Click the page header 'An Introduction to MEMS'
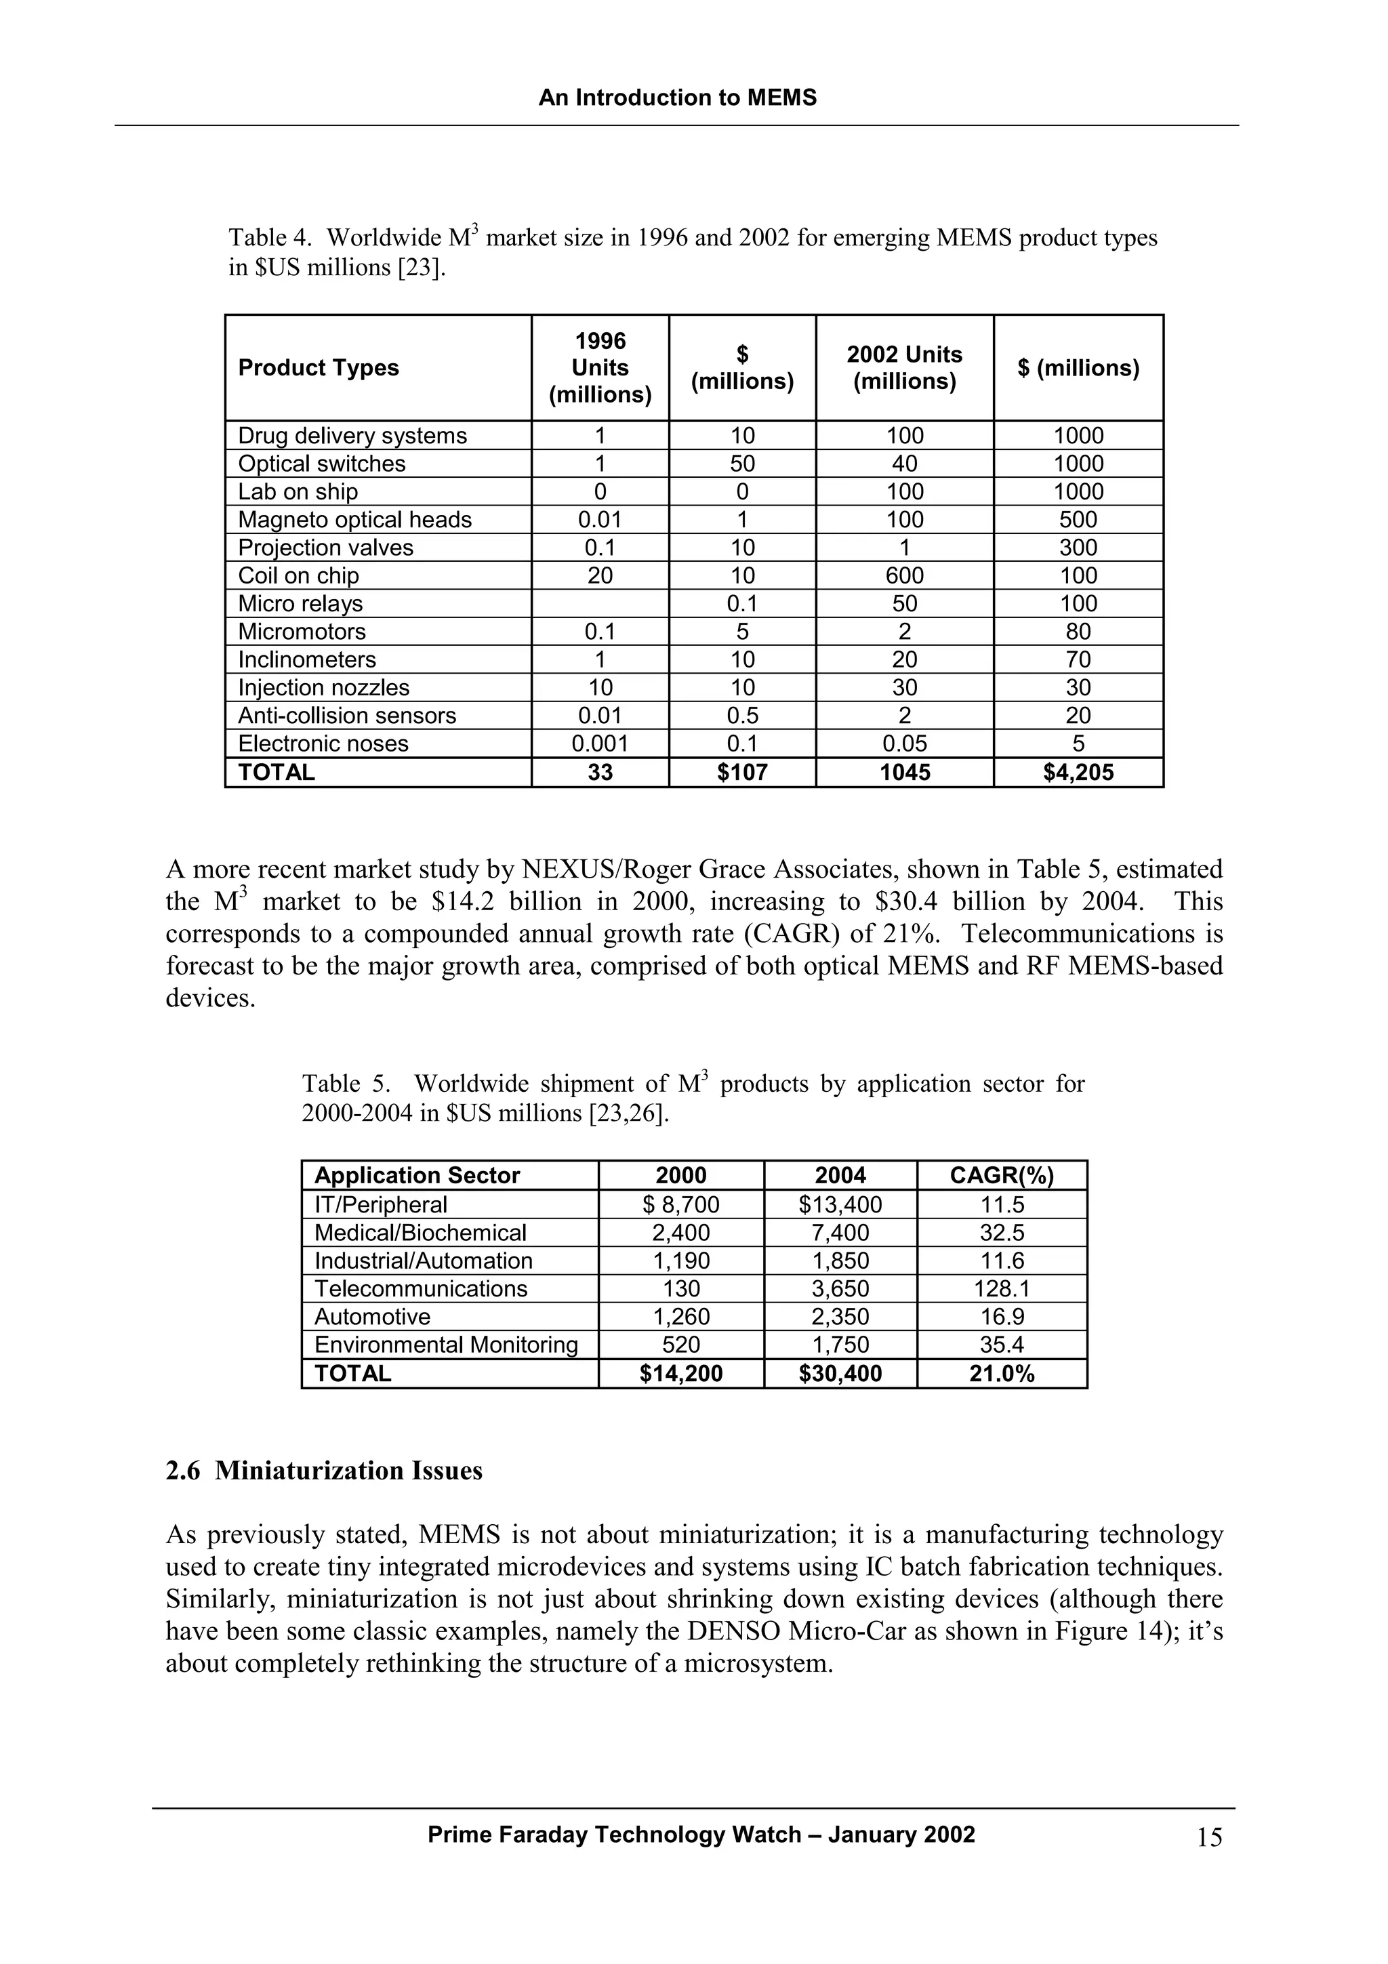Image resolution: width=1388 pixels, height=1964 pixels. point(677,98)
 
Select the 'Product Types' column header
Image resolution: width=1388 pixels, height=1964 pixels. point(318,368)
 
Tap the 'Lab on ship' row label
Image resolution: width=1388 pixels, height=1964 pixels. point(298,492)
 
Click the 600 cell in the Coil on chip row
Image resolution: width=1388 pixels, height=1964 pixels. point(904,575)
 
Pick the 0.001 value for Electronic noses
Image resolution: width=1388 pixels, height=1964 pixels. point(600,743)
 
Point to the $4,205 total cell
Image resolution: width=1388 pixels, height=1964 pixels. point(1078,773)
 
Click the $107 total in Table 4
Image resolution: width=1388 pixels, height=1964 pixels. point(741,773)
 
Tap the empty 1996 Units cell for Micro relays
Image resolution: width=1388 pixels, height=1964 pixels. point(600,604)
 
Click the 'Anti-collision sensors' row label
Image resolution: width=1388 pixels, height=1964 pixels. point(346,715)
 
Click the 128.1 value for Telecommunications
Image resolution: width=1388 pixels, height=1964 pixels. point(1002,1288)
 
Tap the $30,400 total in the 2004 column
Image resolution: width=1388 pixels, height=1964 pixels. point(840,1374)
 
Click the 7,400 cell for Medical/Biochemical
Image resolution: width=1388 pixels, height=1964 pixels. point(840,1233)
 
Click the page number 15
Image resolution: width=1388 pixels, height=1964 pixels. point(1209,1837)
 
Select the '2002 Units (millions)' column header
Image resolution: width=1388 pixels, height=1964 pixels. point(904,368)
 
